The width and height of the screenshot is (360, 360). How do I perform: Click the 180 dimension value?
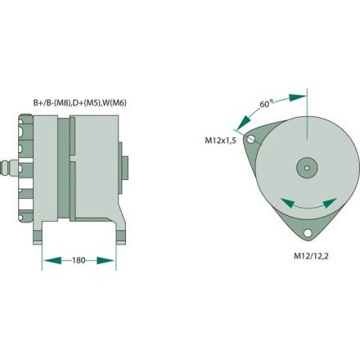tap(79, 261)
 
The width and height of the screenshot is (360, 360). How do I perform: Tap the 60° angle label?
tap(265, 105)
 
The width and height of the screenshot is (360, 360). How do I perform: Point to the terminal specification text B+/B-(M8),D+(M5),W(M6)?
tap(79, 103)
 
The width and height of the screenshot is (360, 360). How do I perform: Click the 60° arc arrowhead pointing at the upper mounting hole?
tap(239, 127)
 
